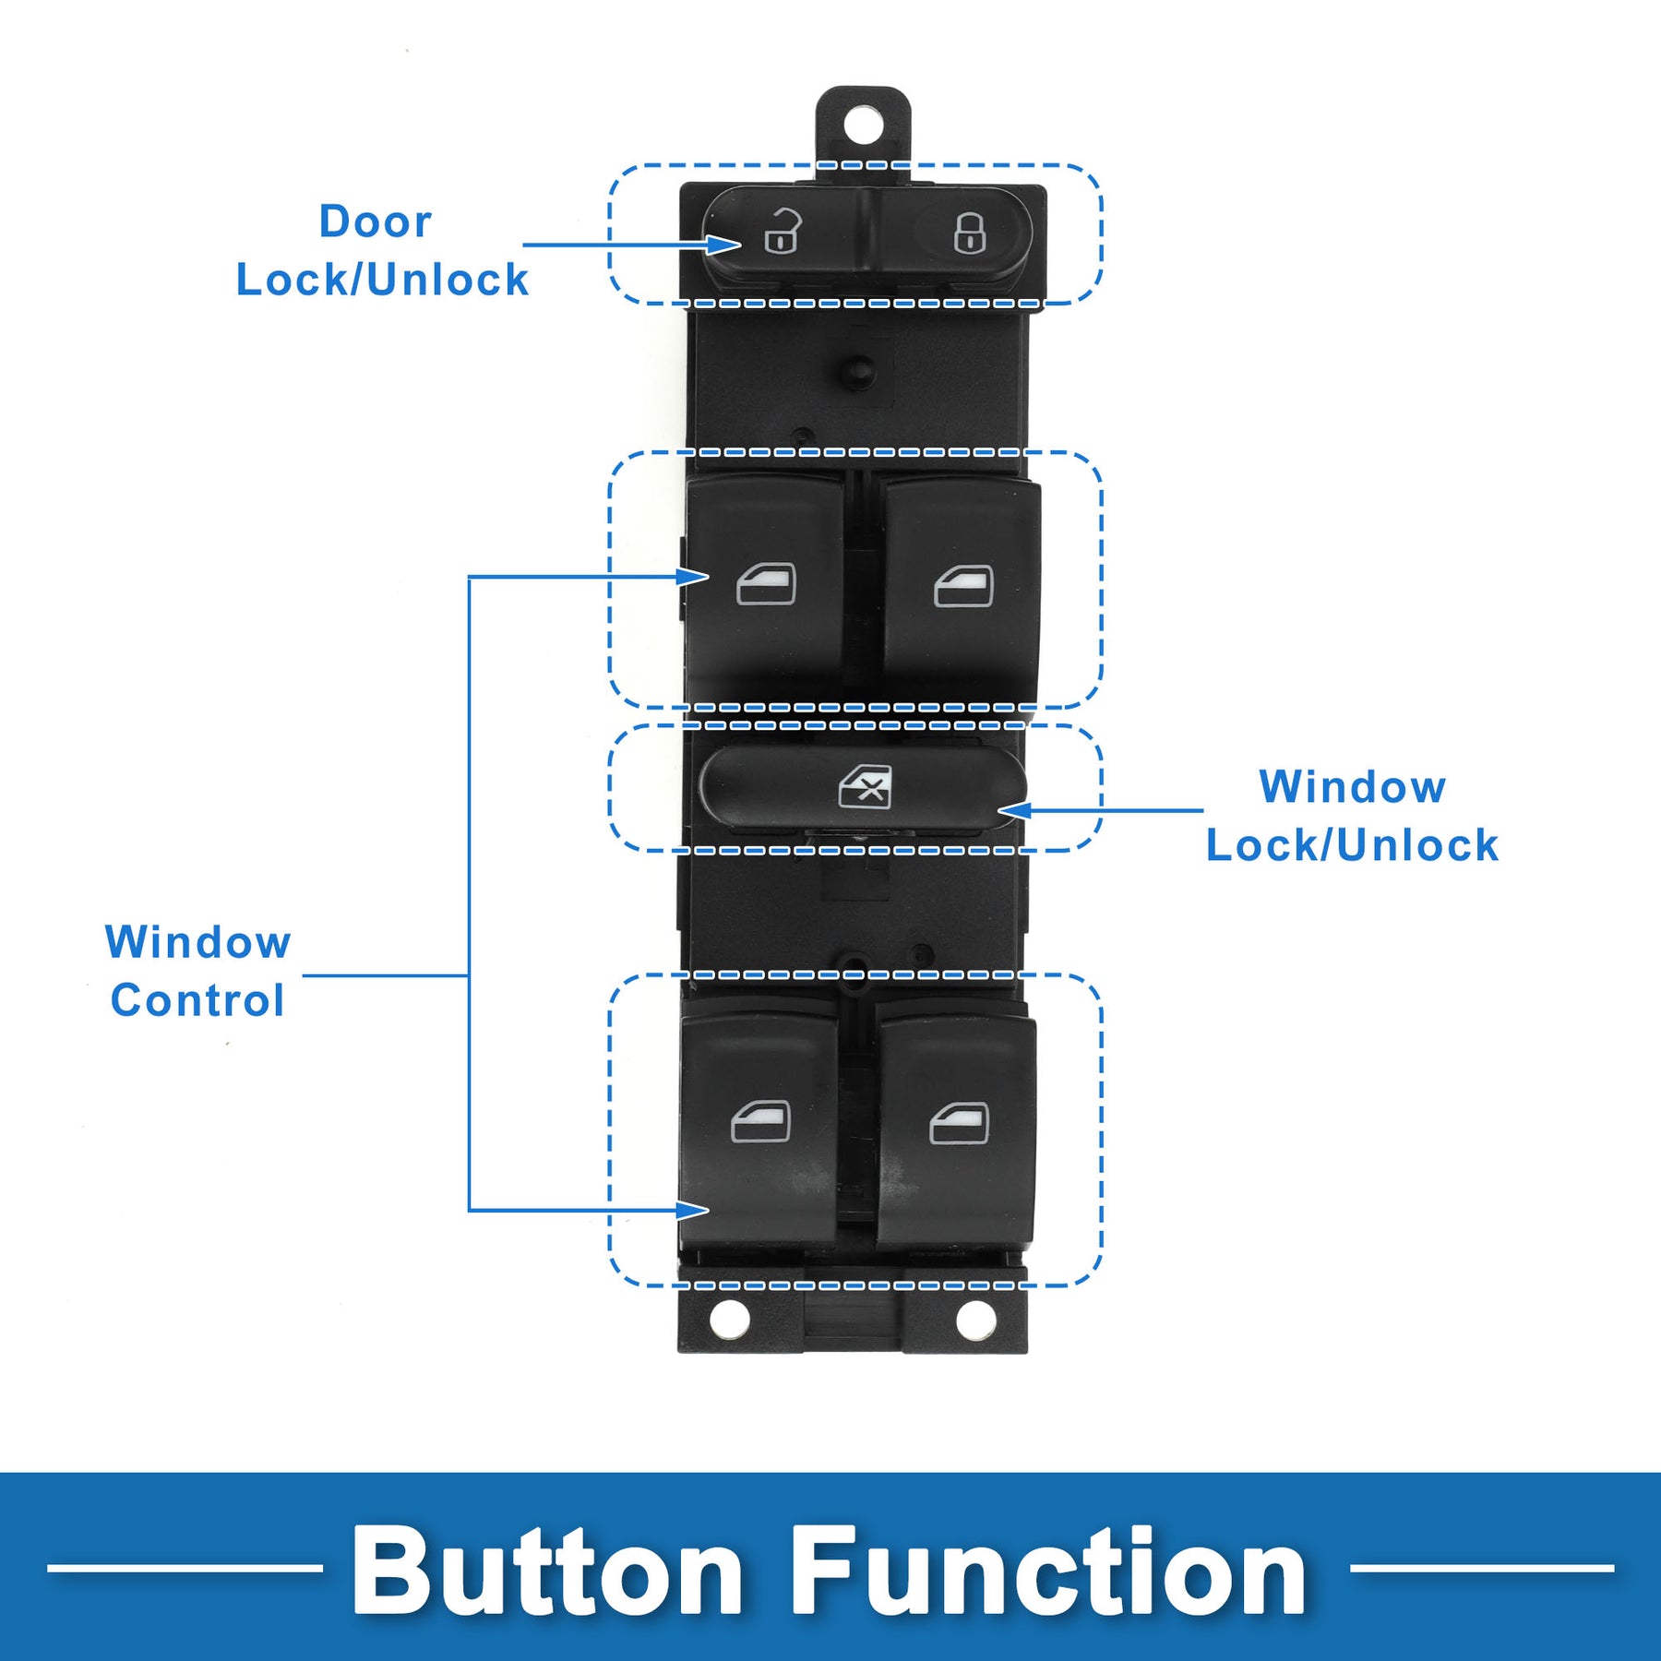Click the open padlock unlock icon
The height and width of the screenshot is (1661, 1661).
point(783,232)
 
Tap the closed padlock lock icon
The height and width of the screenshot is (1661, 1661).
point(969,233)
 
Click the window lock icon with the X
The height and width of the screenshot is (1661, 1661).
point(866,787)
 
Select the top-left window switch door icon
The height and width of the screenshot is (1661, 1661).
point(766,584)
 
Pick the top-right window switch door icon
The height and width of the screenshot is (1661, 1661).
point(963,586)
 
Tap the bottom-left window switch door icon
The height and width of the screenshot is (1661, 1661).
point(761,1121)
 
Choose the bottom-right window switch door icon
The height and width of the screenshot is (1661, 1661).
point(960,1123)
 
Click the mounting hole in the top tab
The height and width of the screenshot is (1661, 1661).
point(863,125)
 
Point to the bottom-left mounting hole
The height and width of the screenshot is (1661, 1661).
point(729,1319)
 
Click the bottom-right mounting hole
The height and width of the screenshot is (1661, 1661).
point(975,1320)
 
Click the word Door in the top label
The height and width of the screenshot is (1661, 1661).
point(376,221)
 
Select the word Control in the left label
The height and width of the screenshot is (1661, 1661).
point(197,1000)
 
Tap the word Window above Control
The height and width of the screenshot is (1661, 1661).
point(198,942)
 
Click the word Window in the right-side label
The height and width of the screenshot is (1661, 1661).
point(1353,787)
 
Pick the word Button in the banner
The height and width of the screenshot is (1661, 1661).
point(546,1571)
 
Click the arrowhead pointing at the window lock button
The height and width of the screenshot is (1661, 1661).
point(1013,810)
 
